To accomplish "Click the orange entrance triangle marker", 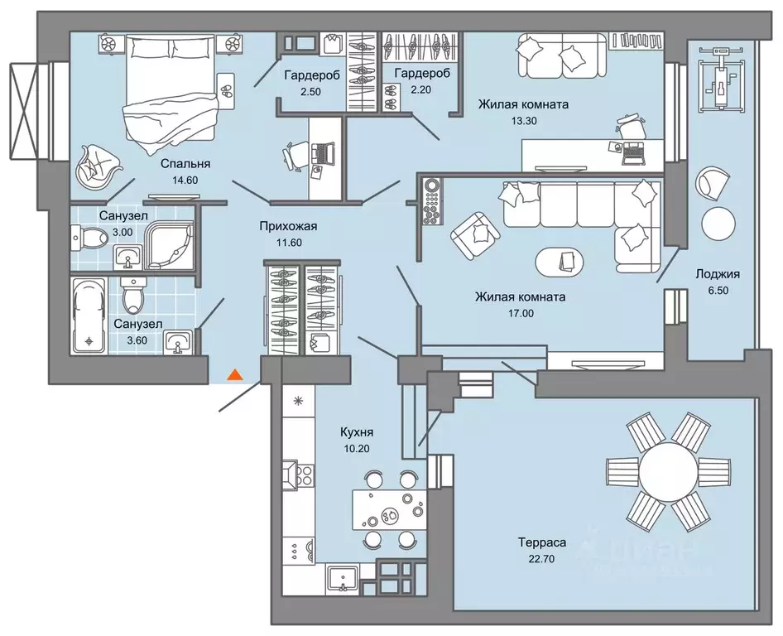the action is [235, 374].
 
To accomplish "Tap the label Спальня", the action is [185, 163].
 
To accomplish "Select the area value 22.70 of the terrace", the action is [542, 558].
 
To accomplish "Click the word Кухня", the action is [357, 432].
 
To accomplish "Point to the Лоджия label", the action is [718, 274].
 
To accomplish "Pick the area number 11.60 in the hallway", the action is [288, 243].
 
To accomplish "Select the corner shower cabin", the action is [169, 245].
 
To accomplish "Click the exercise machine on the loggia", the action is [719, 78].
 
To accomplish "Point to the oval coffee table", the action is [560, 260].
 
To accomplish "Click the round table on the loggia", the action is [718, 223].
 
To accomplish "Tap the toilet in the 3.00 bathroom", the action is [89, 237].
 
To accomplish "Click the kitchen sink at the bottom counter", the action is [343, 579].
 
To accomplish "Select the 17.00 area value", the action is [521, 313].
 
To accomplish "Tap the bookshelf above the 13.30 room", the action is [636, 40].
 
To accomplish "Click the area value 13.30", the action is [524, 120].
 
